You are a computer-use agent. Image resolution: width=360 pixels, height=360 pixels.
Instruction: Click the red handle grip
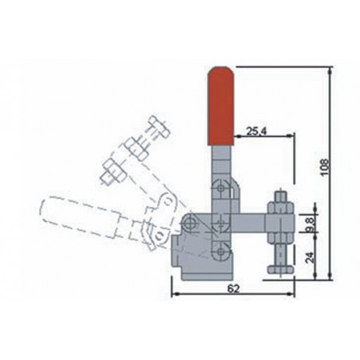[x=221, y=106]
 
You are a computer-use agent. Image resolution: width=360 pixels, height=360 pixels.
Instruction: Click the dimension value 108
[x=324, y=167]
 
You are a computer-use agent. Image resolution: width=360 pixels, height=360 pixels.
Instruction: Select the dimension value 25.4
[x=254, y=131]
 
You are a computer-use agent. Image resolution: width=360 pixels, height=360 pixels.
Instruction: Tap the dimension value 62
[x=233, y=288]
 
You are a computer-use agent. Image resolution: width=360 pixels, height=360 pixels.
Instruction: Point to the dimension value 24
[x=310, y=257]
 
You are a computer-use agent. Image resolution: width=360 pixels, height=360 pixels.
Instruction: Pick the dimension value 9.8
[x=310, y=223]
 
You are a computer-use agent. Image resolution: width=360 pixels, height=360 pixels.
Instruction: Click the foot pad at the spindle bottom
[x=280, y=270]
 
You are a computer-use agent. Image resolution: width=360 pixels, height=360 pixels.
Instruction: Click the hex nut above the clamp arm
[x=280, y=208]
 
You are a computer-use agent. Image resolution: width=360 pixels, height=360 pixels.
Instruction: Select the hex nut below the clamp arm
[x=280, y=238]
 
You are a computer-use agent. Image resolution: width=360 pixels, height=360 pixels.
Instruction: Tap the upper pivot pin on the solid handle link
[x=221, y=188]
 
